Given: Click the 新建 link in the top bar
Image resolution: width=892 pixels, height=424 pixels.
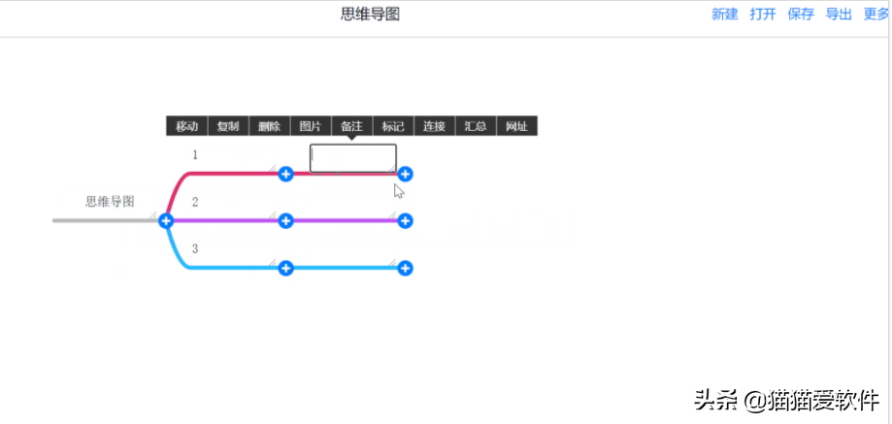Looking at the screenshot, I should coord(725,15).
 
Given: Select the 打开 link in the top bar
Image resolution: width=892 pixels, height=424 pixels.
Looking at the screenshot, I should coord(763,15).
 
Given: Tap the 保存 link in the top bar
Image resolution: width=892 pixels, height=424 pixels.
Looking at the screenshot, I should coord(801,15).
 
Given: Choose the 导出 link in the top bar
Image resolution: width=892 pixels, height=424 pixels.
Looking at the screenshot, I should coord(839,15).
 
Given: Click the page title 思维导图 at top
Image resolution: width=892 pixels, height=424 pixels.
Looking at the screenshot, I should coord(370,15).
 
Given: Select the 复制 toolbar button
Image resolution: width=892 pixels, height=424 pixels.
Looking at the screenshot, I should coord(228,126).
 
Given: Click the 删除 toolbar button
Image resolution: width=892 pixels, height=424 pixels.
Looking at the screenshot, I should coord(269,126).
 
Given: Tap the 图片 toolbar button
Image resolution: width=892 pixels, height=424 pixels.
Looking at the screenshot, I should coord(311,126).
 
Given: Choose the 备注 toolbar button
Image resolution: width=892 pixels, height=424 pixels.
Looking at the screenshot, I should coord(351,126).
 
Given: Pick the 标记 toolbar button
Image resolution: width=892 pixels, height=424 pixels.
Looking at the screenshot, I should coord(393,126).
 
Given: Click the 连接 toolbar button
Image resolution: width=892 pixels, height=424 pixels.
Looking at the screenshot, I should coord(434,126).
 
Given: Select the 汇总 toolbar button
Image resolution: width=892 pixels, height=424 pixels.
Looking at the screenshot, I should coord(476,126).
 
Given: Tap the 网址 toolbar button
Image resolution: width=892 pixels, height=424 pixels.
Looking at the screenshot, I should coord(516,126).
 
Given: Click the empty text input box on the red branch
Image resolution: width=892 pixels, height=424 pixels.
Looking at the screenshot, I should coord(352,158).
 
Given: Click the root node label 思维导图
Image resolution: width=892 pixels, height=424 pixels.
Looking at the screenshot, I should coord(110,202).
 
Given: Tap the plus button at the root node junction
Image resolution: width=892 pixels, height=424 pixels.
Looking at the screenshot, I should coord(166,221).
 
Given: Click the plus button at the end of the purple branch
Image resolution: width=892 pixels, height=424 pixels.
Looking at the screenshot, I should coord(406,221).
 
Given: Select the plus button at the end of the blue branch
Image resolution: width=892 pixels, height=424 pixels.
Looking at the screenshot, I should coord(406,268).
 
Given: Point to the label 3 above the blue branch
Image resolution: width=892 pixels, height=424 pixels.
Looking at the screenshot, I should coord(195,249).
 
